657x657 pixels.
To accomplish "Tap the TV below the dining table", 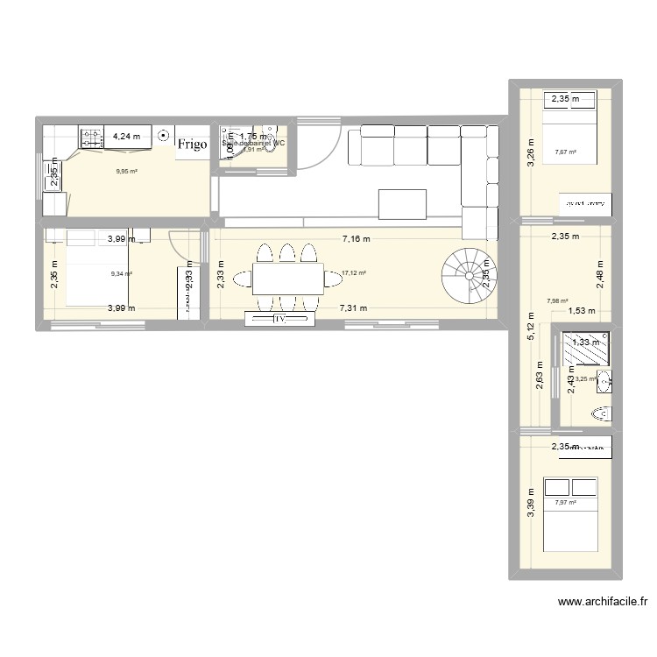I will [281, 320].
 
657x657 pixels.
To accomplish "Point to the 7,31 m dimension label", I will [355, 307].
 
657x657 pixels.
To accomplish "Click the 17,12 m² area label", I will [353, 273].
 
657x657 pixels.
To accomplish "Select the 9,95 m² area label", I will [126, 172].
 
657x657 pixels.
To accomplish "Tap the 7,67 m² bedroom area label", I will [566, 152].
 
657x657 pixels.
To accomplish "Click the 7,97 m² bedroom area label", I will [566, 503].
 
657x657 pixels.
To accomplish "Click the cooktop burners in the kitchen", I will [91, 137].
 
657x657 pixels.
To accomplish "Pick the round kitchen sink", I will [163, 136].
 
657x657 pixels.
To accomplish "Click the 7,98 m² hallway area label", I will [558, 300].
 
